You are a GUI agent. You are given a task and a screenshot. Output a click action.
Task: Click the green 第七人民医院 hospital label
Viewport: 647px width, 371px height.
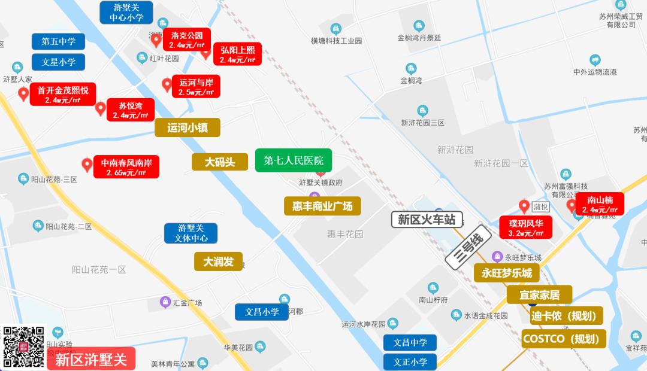[294, 160]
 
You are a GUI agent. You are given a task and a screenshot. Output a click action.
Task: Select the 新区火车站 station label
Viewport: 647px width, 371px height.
[427, 220]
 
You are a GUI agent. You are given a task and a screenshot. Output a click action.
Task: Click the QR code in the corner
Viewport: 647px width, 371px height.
[23, 347]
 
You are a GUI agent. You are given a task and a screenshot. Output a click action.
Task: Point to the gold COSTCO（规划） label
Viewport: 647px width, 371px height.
[564, 339]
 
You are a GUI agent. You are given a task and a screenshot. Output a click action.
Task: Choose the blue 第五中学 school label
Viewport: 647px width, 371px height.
[58, 42]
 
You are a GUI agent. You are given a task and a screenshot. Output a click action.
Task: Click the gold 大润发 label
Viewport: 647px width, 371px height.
[218, 261]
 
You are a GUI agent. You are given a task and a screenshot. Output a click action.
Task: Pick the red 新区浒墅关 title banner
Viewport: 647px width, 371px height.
[91, 359]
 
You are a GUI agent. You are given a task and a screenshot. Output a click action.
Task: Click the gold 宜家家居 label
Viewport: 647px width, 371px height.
[539, 294]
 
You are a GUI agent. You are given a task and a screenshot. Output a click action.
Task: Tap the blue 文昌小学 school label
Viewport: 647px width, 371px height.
[262, 312]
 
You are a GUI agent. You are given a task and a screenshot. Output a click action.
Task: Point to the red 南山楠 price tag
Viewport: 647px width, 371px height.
[599, 204]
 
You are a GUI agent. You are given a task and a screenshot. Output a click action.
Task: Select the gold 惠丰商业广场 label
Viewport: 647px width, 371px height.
[322, 206]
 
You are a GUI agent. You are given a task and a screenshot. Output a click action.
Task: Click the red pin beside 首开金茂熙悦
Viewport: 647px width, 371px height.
[23, 93]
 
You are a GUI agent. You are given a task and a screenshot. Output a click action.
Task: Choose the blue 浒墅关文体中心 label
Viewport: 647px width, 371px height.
[191, 233]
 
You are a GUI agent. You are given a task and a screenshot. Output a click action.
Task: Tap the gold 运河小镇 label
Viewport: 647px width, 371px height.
[188, 127]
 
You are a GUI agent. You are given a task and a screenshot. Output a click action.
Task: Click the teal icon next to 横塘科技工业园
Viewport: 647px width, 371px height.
[335, 29]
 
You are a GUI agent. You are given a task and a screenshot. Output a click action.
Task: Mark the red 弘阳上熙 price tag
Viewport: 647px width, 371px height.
[237, 54]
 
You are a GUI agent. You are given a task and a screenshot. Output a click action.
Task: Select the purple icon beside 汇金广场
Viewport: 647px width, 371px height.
[165, 302]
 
